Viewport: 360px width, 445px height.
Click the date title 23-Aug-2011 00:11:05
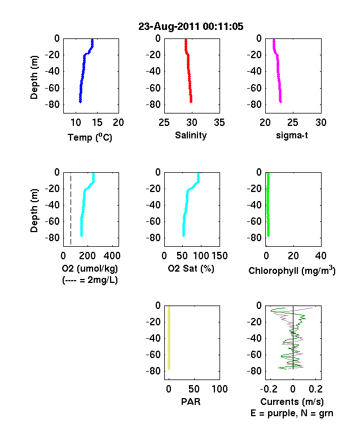click(191, 27)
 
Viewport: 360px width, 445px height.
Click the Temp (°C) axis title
click(90, 137)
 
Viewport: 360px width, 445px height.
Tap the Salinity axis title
click(191, 136)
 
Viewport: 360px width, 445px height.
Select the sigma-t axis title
click(292, 136)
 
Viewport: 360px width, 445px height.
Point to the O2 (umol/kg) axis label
click(90, 268)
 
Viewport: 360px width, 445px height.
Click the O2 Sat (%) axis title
click(191, 268)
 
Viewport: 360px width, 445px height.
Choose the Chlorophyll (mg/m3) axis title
click(292, 271)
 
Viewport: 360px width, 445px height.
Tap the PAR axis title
click(191, 402)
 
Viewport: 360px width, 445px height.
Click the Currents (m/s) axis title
click(292, 402)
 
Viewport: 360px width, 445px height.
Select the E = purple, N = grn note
click(292, 413)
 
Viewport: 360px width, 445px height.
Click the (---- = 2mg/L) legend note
click(90, 280)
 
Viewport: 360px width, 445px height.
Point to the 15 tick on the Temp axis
click(97, 123)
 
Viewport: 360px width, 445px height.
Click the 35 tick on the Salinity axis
click(219, 123)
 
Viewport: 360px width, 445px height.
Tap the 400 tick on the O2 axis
click(112, 256)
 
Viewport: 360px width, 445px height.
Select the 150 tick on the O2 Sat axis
click(219, 256)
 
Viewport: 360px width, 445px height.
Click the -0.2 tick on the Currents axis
click(269, 389)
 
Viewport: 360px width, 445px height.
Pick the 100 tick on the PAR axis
click(219, 389)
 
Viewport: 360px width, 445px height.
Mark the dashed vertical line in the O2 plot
click(71, 210)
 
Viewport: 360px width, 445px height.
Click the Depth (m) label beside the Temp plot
click(34, 77)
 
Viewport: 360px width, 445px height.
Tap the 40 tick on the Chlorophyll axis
click(321, 256)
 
